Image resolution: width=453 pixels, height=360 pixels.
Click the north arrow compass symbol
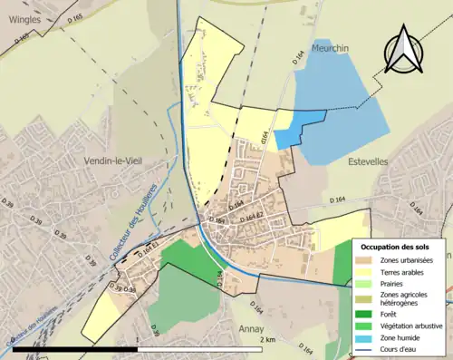click(404, 50)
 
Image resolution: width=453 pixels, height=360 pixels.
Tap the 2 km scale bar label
click(266, 339)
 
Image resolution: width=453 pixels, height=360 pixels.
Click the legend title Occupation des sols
click(397, 247)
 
